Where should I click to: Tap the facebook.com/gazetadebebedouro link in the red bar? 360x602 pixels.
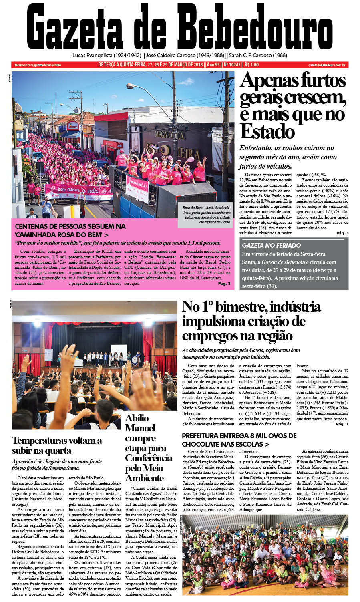[38, 65]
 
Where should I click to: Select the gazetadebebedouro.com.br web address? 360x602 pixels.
[327, 65]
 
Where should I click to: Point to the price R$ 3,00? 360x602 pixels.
[251, 65]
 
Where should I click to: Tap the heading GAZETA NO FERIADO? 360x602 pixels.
[271, 245]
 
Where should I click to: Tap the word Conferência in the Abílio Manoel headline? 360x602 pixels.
[149, 458]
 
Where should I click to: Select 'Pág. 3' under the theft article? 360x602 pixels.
[342, 233]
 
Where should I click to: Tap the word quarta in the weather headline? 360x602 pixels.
[59, 451]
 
